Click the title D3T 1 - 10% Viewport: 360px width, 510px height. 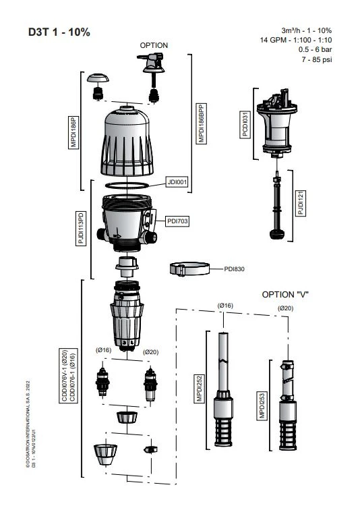[x=59, y=32]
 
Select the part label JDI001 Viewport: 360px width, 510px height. [x=177, y=182]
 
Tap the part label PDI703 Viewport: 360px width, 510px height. [x=178, y=221]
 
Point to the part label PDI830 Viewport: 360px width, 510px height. [x=235, y=268]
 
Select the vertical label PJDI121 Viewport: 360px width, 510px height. [x=301, y=203]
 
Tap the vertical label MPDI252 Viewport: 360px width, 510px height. [x=200, y=389]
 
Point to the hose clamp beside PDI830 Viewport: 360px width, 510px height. [x=187, y=269]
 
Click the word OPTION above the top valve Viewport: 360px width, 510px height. [x=154, y=45]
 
